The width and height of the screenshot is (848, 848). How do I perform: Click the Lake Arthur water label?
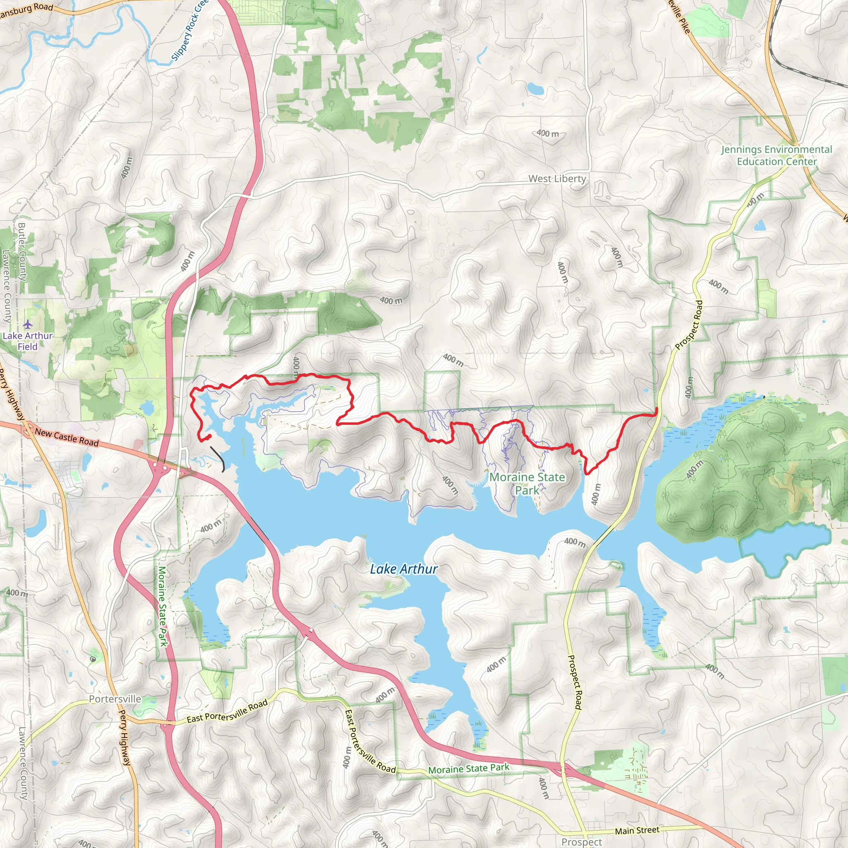tap(403, 569)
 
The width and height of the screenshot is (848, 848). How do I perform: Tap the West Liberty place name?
tap(556, 179)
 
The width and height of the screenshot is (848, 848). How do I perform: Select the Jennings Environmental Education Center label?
tap(776, 155)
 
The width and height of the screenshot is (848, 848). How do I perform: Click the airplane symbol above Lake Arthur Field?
tap(28, 325)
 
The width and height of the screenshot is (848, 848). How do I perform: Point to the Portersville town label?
tap(115, 699)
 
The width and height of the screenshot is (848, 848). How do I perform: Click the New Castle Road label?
tap(67, 438)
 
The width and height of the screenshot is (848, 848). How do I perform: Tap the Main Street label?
tap(637, 831)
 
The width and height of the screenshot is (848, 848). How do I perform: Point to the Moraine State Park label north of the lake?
tap(527, 483)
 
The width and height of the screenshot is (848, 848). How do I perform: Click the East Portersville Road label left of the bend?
tap(227, 711)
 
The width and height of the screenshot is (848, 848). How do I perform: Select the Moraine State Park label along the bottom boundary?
tap(468, 768)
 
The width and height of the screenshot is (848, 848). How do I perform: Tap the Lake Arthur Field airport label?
tap(28, 341)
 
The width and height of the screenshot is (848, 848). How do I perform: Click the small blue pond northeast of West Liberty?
tap(535, 89)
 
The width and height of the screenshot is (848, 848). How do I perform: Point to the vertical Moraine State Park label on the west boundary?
tap(162, 606)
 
